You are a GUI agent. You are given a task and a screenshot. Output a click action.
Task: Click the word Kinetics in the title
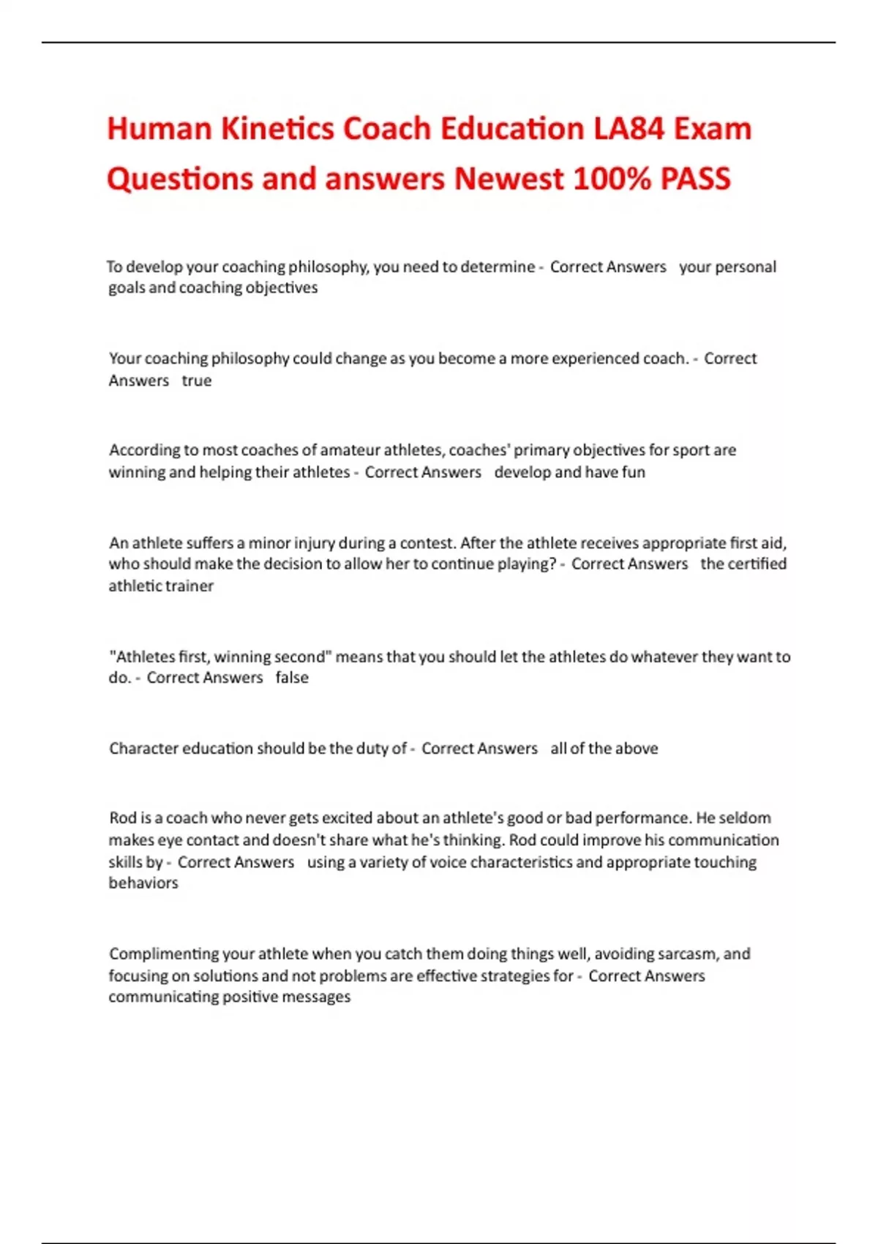coord(277,130)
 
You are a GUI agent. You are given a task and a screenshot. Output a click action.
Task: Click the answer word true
coord(196,381)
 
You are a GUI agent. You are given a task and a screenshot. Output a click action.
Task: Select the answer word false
coord(292,678)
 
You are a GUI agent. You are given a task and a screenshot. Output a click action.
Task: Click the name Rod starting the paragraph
coord(123,818)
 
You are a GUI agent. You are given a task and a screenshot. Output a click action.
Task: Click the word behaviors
coord(143,883)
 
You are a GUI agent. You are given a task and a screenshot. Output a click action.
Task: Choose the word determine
coord(498,267)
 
